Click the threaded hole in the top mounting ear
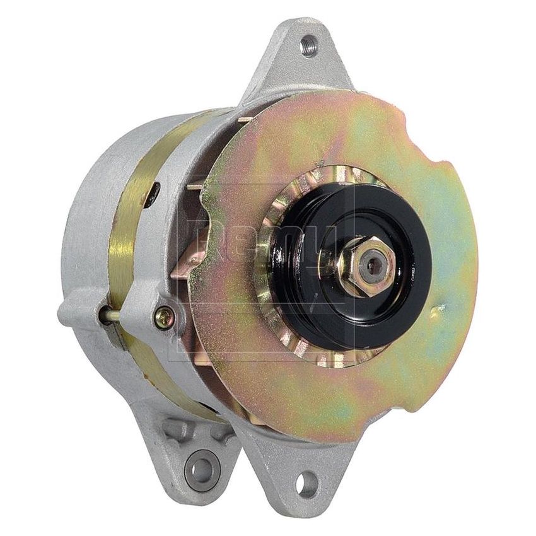(x=308, y=46)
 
